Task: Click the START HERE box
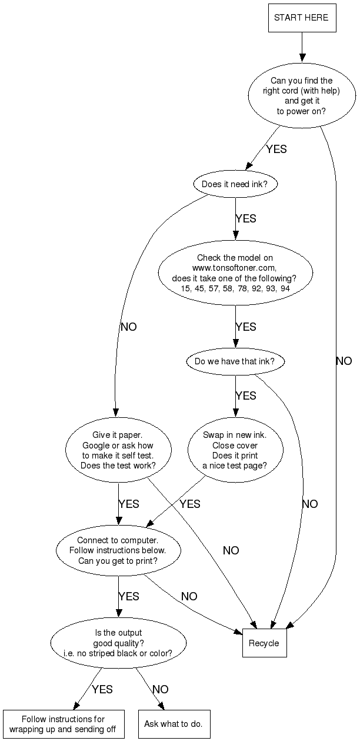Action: pos(302,18)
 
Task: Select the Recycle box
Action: pos(264,643)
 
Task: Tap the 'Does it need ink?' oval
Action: pos(235,184)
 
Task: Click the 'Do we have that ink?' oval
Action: pos(235,361)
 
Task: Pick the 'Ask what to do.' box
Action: pos(174,724)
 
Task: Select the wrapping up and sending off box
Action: pos(64,724)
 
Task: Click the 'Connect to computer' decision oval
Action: pos(118,550)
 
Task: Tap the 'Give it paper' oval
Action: pos(118,450)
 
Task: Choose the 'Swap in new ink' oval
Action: pos(235,450)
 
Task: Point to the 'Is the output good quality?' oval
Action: pos(118,643)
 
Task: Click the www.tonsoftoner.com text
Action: pos(235,268)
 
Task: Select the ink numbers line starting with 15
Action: pos(235,288)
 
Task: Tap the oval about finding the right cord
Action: pos(302,96)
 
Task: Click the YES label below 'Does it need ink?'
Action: pos(246,218)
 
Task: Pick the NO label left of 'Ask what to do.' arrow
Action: pos(161,689)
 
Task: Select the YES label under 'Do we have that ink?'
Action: pos(246,396)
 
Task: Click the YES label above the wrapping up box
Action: pos(102,689)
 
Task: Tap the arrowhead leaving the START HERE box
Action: pos(302,57)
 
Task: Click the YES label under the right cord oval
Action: pos(276,149)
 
